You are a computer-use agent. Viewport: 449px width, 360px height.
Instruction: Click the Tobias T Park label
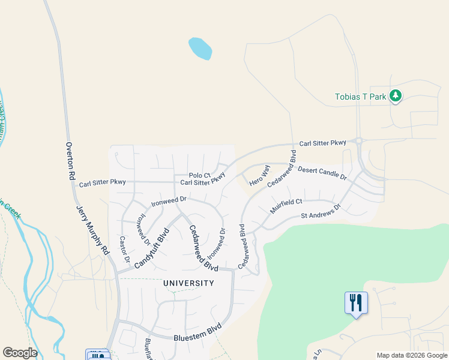click(360, 97)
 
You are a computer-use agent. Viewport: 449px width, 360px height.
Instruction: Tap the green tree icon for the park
click(395, 95)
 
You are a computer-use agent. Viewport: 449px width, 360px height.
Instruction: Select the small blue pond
click(200, 48)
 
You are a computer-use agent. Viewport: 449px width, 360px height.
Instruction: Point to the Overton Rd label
click(70, 161)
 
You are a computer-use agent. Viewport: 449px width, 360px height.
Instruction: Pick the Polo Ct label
click(199, 175)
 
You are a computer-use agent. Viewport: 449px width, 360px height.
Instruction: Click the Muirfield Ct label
click(286, 207)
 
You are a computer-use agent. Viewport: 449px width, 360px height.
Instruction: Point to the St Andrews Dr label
click(321, 211)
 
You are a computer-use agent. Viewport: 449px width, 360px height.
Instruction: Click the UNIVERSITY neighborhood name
click(188, 283)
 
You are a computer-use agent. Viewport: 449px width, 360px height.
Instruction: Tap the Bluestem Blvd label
click(197, 333)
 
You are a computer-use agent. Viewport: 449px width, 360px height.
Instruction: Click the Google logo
click(20, 353)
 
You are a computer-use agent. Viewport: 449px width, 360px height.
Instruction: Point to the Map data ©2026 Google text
click(412, 355)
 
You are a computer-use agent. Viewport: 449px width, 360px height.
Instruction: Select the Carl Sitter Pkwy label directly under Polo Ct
click(202, 181)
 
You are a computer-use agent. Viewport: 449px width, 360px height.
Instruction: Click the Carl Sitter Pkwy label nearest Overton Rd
click(102, 182)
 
